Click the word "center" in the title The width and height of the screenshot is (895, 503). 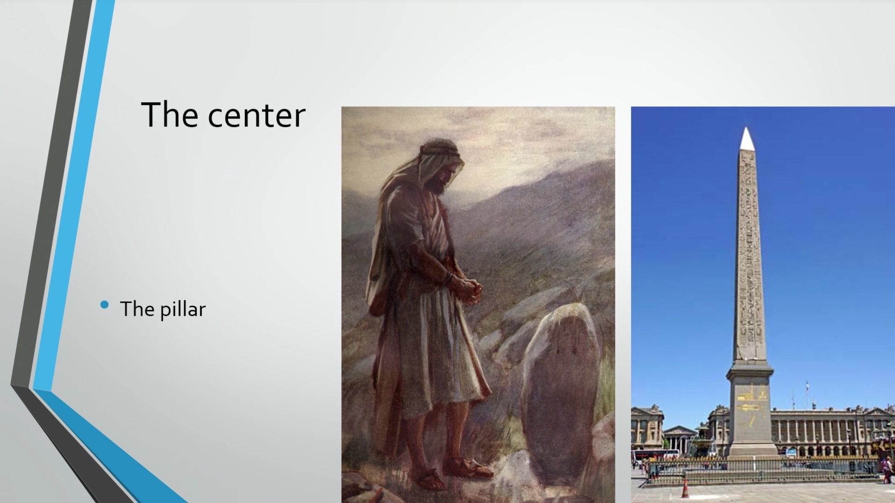point(256,115)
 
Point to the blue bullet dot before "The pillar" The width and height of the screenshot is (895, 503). point(104,305)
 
